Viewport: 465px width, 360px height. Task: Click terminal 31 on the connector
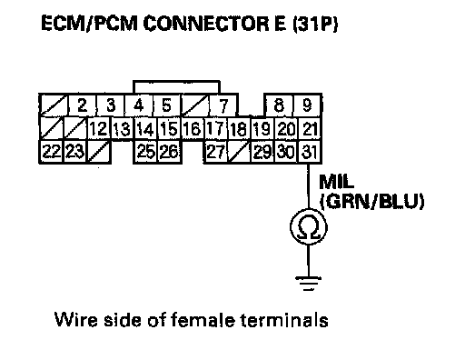[x=310, y=152]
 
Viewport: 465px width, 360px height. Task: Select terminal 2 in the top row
[x=82, y=105]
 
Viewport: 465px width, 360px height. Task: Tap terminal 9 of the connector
[x=307, y=105]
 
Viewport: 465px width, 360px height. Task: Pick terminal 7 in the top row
[x=223, y=105]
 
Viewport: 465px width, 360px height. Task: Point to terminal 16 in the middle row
[x=193, y=128]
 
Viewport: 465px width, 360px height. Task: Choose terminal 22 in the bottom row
[x=51, y=152]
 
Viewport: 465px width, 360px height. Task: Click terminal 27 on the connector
[x=216, y=152]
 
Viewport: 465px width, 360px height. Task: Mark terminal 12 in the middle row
[x=99, y=128]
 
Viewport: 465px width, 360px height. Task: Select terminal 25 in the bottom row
[x=146, y=152]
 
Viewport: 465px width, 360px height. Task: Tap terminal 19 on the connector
[x=262, y=128]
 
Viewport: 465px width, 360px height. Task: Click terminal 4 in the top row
[x=138, y=105]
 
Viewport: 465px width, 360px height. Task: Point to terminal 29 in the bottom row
[x=262, y=152]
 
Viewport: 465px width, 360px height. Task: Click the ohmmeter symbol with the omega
[x=309, y=227]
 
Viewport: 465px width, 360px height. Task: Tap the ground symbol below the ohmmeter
[x=309, y=284]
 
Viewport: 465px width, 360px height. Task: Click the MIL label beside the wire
[x=336, y=182]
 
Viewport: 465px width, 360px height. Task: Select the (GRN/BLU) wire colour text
[x=372, y=201]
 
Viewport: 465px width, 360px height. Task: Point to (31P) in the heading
[x=315, y=24]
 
